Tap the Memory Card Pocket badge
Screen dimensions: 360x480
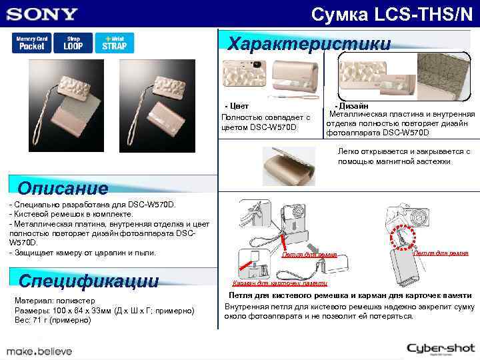31,43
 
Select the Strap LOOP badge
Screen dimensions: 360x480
73,43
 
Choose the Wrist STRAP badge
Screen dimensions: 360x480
114,43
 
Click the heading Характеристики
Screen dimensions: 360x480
309,44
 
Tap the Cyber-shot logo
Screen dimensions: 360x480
440,349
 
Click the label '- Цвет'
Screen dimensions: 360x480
237,105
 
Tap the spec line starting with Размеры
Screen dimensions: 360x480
103,310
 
